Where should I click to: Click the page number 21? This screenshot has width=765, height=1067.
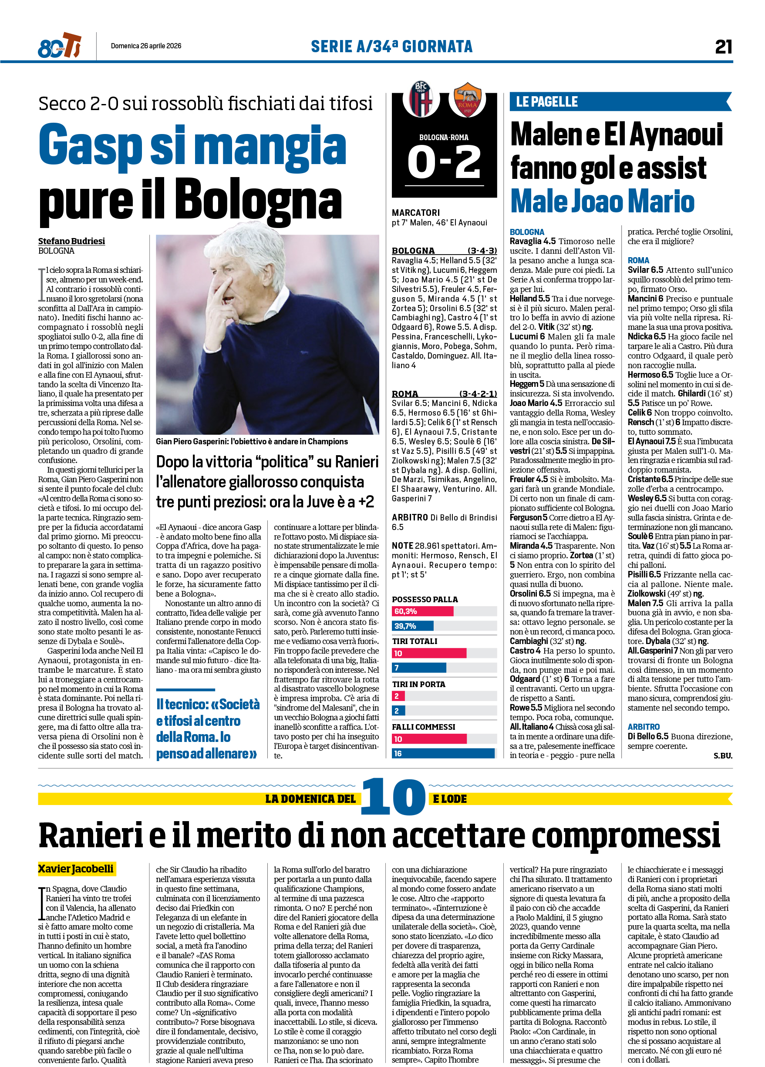(x=723, y=47)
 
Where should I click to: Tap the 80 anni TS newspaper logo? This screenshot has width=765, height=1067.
(x=59, y=46)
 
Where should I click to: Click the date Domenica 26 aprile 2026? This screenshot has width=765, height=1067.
(x=146, y=46)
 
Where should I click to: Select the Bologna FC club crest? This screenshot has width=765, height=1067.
(x=421, y=98)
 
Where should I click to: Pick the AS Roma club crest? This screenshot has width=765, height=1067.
(x=466, y=99)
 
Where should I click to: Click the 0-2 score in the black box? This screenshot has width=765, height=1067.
(x=444, y=162)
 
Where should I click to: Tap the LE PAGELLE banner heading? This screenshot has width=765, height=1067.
(x=546, y=102)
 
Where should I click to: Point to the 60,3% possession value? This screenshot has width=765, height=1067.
(x=405, y=611)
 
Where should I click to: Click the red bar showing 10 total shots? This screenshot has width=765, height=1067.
(x=429, y=653)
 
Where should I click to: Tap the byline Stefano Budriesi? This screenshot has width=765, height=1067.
(x=71, y=241)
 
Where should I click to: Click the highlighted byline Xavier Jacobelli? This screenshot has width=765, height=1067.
(x=76, y=868)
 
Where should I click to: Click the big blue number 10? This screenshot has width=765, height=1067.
(x=393, y=797)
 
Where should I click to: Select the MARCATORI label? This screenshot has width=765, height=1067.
(x=416, y=213)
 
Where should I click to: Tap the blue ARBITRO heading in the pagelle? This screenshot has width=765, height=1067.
(x=644, y=726)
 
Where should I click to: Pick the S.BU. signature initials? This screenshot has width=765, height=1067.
(x=723, y=755)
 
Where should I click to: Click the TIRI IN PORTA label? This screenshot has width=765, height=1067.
(x=418, y=684)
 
